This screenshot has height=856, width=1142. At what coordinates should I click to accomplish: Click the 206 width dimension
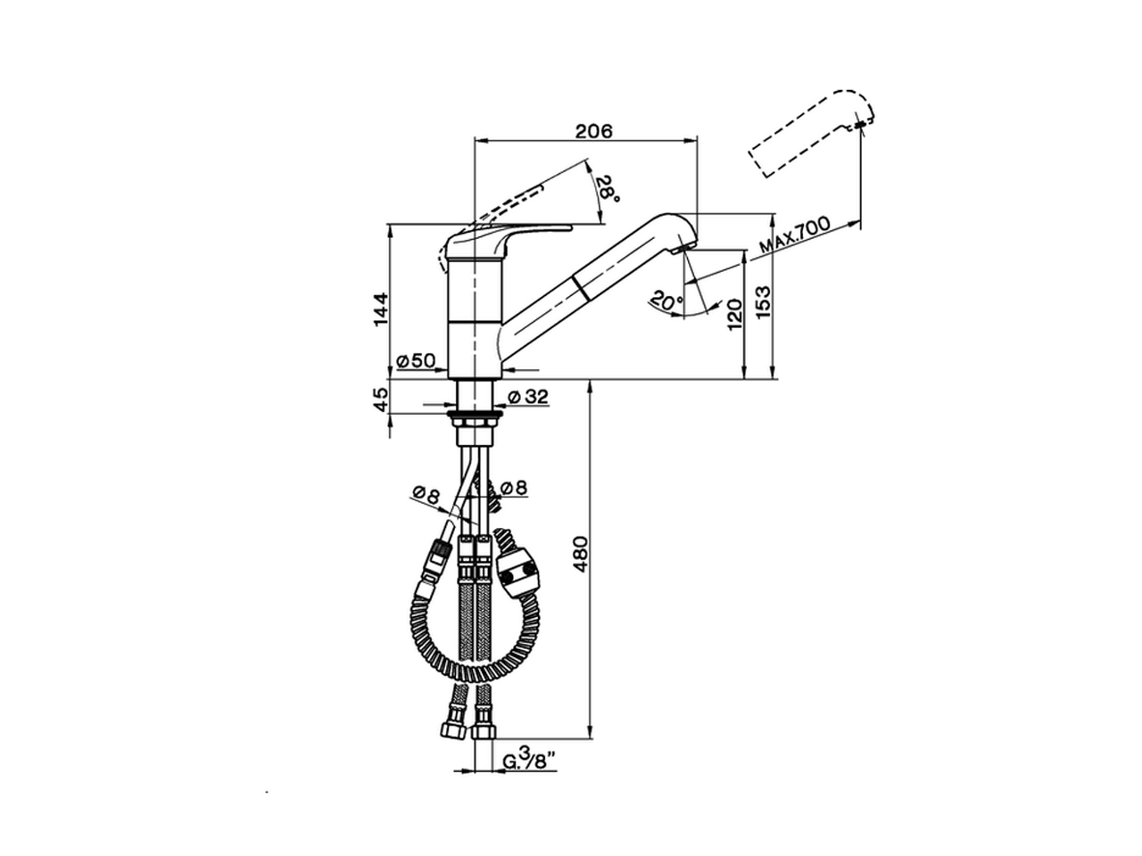593,131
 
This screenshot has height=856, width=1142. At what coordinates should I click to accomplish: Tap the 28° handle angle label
606,187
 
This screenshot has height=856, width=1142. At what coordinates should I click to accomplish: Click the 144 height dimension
382,309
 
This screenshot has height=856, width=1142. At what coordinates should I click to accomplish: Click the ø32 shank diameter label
528,397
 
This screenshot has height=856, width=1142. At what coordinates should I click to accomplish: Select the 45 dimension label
382,399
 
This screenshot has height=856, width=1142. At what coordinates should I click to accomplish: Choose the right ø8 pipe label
513,488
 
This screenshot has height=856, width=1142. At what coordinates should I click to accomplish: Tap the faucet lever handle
509,235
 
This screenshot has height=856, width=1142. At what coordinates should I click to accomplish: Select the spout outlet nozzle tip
685,245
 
